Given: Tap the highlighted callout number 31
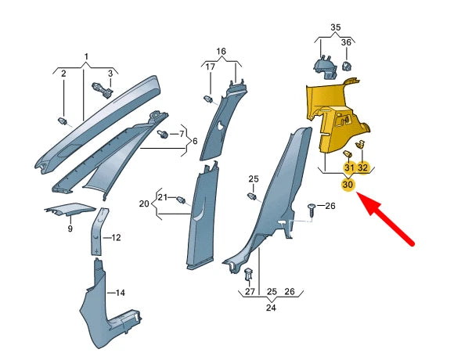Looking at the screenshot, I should (348, 167).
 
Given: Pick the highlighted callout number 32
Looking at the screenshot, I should (363, 167).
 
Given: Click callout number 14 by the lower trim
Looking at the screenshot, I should (121, 293).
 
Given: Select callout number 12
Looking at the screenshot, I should (116, 237).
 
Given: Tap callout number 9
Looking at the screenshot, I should (70, 229).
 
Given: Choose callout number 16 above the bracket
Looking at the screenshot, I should (222, 51).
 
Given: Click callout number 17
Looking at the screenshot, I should (210, 67).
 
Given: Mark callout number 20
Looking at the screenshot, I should (144, 203).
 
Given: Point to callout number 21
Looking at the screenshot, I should (163, 196).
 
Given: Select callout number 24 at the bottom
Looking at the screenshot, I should (271, 308).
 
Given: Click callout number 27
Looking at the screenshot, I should (250, 292).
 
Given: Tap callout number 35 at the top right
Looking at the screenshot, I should (336, 27).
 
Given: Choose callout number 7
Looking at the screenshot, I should (182, 134).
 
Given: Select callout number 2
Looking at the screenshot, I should (63, 73).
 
